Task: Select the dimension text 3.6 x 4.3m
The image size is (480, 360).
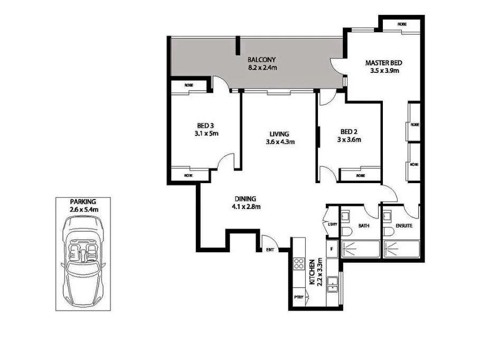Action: (280, 141)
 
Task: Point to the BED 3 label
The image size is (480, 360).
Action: (205, 126)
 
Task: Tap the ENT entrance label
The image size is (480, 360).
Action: (269, 250)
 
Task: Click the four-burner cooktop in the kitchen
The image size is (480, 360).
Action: (298, 263)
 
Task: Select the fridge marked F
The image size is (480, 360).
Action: (331, 249)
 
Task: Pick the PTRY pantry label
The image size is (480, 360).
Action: (298, 298)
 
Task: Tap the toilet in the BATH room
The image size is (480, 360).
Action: (345, 233)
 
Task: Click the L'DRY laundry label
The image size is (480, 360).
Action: (332, 225)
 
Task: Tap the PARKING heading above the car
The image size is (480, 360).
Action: (82, 202)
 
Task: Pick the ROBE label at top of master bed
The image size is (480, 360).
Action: (402, 24)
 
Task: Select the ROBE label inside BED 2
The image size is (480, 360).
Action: (360, 175)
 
